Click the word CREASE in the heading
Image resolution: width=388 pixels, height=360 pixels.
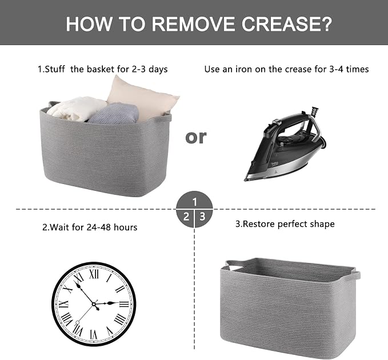pyautogui.click(x=286, y=24)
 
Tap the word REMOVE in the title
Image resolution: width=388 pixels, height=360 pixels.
pyautogui.click(x=193, y=24)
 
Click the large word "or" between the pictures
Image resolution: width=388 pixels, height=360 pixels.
pyautogui.click(x=196, y=137)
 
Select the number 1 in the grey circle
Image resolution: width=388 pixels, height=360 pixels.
pyautogui.click(x=195, y=202)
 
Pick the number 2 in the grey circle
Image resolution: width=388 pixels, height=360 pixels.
pyautogui.click(x=186, y=217)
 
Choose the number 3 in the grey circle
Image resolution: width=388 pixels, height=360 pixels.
pyautogui.click(x=203, y=217)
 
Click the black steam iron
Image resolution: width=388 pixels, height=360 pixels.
pyautogui.click(x=285, y=144)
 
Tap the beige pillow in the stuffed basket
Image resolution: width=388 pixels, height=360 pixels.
pyautogui.click(x=143, y=99)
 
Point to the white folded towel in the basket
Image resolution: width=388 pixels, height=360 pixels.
pyautogui.click(x=75, y=109)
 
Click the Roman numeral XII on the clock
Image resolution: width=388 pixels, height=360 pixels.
pyautogui.click(x=94, y=274)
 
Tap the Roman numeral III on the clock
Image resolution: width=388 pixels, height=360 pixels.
pyautogui.click(x=124, y=304)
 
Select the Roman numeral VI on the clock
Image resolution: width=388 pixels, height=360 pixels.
pyautogui.click(x=94, y=334)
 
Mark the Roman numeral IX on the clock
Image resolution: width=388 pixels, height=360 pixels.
pyautogui.click(x=64, y=304)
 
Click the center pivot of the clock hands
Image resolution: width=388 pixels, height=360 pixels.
pyautogui.click(x=94, y=304)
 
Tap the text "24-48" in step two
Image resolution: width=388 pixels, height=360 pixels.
pyautogui.click(x=98, y=227)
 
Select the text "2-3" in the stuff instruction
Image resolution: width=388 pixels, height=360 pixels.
pyautogui.click(x=138, y=69)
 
